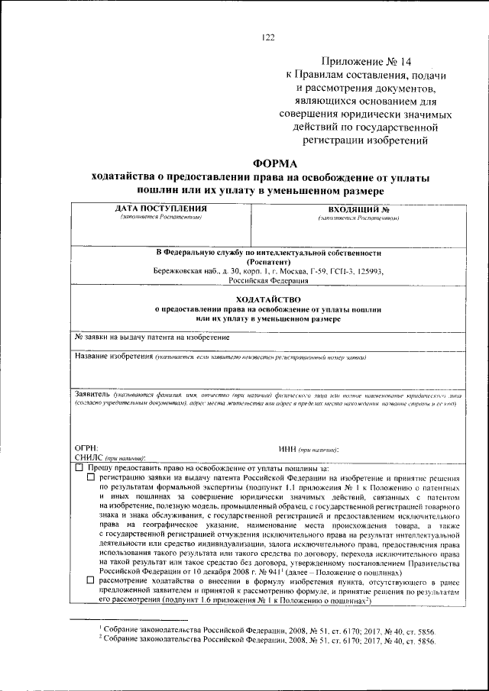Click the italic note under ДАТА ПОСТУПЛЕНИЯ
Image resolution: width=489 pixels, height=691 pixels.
pos(160,218)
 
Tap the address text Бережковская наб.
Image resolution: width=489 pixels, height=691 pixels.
pos(178,271)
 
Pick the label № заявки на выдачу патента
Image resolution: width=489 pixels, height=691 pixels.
pos(152,337)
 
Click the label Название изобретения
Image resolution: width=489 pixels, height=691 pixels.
pos(114,357)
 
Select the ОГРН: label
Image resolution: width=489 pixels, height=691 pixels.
pos(86,447)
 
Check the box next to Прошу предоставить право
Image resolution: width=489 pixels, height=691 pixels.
pos(79,467)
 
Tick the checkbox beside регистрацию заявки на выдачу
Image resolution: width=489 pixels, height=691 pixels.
pos(91,476)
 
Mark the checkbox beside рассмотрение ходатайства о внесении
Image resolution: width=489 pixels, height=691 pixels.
pos(91,582)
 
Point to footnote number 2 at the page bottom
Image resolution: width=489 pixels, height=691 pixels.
pos(100,639)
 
